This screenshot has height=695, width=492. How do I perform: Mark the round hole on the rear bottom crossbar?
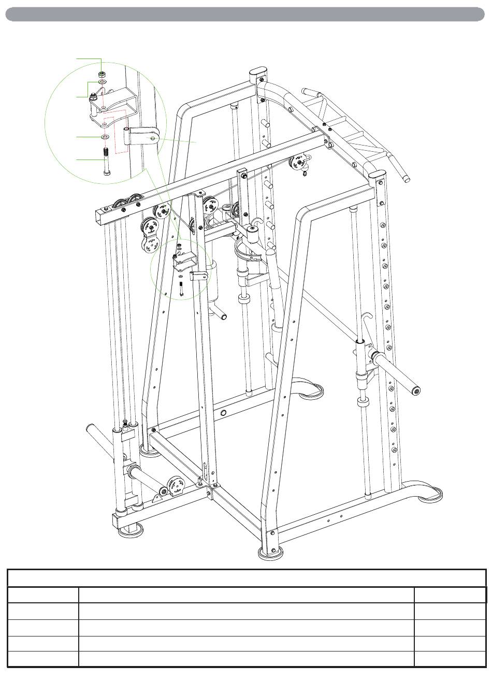click(224, 413)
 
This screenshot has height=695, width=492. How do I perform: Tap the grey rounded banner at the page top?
click(245, 14)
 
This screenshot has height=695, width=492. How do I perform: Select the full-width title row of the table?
click(247, 578)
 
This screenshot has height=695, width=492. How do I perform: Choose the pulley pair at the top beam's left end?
click(129, 204)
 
